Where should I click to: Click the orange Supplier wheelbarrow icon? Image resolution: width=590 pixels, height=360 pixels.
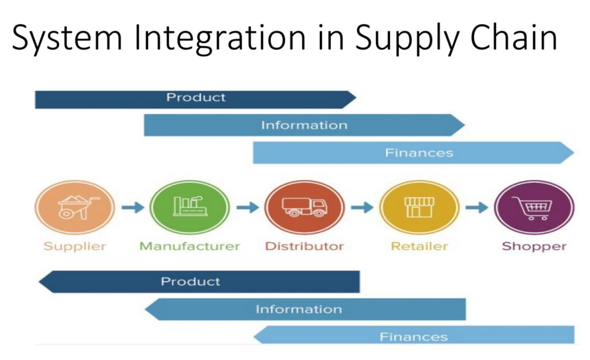[75, 207]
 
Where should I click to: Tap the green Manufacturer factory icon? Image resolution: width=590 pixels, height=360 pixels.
[190, 207]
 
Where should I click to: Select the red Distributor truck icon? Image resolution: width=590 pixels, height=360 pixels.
[304, 207]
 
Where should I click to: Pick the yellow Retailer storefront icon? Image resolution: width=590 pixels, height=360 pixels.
[419, 207]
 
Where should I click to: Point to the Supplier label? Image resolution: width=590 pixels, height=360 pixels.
[75, 247]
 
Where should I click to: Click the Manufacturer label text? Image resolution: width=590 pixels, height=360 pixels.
[190, 247]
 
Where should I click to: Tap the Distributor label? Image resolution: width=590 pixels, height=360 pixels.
[304, 247]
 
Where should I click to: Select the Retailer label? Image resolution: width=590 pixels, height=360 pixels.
[419, 247]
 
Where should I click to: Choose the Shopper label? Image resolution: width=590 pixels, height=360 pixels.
[534, 247]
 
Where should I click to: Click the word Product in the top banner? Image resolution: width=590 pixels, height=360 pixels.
[196, 97]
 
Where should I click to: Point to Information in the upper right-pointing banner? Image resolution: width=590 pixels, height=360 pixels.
[304, 125]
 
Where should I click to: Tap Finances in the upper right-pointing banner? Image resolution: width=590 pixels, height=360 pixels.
[419, 153]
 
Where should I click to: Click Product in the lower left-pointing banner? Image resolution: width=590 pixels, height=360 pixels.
[190, 282]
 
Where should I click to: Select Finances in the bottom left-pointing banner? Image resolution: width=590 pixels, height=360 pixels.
[413, 336]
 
